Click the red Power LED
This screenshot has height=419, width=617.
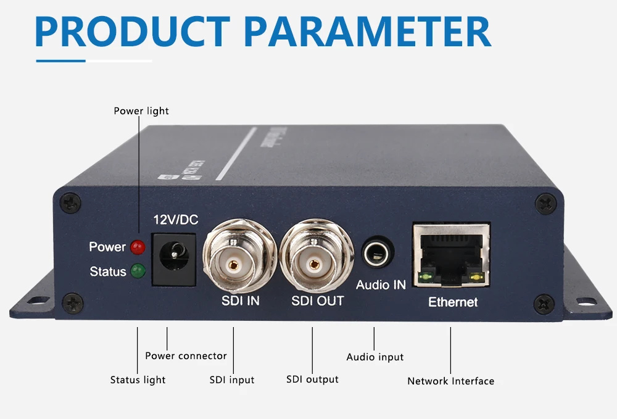138,247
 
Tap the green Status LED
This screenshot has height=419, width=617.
137,271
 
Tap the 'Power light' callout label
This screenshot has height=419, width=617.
141,111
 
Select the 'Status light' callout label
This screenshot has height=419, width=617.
138,380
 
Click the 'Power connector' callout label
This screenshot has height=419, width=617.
186,356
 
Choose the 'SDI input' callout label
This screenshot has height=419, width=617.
232,380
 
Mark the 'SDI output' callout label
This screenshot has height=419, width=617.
312,379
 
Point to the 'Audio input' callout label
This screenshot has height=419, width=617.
375,357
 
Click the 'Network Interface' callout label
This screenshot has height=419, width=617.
450,381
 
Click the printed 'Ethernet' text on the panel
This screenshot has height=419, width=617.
453,302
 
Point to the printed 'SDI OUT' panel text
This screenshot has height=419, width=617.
317,301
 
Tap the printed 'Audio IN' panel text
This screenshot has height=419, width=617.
381,285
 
